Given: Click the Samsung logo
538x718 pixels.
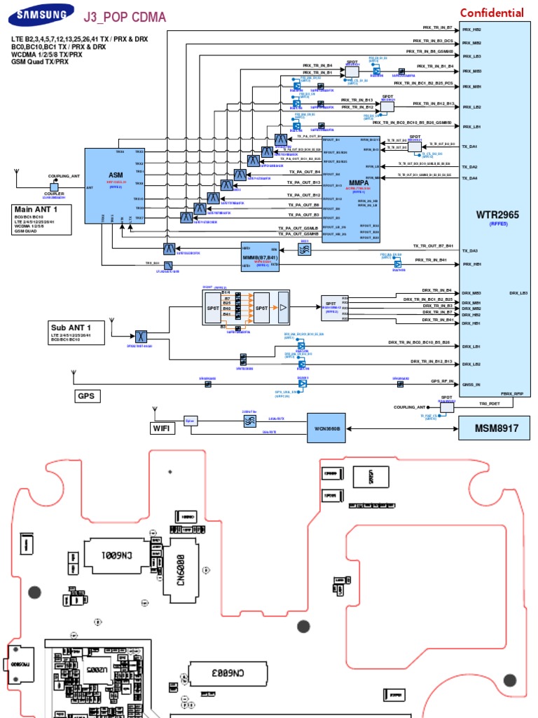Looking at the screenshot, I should coord(44,13).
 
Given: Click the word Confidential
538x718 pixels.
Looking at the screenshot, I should coord(491,13).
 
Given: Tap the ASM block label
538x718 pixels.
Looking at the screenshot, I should coord(115,175).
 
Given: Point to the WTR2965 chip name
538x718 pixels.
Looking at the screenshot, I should coord(499,215).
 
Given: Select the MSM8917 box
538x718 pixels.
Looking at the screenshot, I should coord(494,426).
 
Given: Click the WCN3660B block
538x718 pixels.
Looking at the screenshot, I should coord(326,427).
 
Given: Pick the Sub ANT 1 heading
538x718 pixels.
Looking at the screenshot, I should coord(71,327).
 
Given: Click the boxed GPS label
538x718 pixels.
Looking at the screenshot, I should coord(85,396).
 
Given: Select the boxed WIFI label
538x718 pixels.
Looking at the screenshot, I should coord(161,427).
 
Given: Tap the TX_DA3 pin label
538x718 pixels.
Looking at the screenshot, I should coord(469,250).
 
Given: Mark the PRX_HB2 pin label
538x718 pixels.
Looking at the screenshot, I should coord(471,30).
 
